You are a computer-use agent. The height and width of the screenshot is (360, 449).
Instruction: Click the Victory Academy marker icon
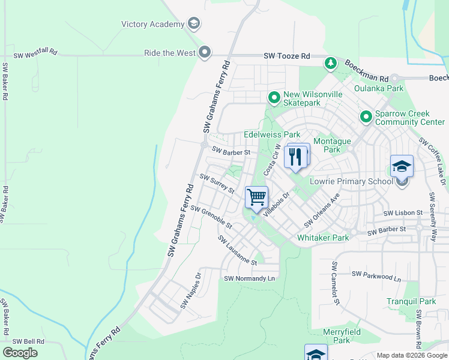point(193,24)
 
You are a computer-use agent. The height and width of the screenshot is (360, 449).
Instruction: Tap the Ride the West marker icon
point(205,53)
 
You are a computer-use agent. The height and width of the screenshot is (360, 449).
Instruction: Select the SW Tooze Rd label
point(286,56)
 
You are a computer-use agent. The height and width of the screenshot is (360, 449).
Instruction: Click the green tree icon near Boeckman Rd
point(330,62)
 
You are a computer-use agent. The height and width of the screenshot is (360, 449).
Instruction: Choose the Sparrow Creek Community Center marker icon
point(366,115)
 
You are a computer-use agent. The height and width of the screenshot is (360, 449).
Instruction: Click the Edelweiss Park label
point(271,134)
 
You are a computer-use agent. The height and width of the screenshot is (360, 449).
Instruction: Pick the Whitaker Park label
point(323,238)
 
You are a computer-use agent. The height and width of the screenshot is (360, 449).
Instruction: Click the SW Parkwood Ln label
point(376,275)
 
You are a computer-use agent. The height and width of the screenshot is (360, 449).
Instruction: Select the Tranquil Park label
point(411,301)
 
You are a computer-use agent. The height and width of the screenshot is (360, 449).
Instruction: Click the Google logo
point(20,353)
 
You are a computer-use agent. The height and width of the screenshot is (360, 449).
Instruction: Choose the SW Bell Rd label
point(23,341)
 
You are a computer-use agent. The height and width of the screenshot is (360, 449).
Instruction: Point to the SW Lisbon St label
point(404,214)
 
